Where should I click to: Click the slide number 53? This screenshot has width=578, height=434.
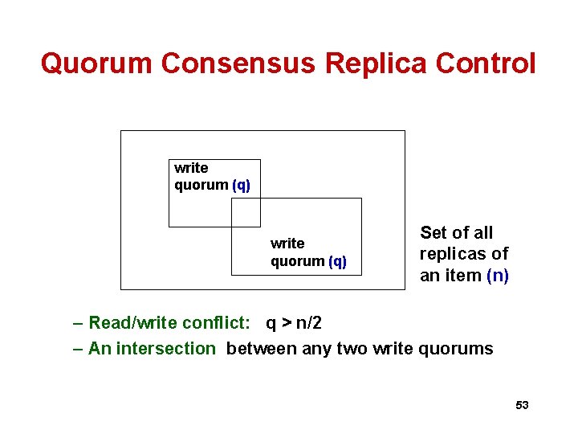[x=522, y=405]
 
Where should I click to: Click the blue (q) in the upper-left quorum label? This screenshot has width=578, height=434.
[x=241, y=186]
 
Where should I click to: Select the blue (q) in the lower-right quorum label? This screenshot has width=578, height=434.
[x=337, y=261]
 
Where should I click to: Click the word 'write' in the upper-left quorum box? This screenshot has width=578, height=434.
[x=191, y=168]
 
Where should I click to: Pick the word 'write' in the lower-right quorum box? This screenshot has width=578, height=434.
[x=287, y=244]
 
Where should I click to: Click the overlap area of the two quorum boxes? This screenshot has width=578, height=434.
[x=246, y=212]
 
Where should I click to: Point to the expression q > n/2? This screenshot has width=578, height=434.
[x=294, y=323]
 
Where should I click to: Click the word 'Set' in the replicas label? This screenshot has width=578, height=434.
[x=433, y=233]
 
